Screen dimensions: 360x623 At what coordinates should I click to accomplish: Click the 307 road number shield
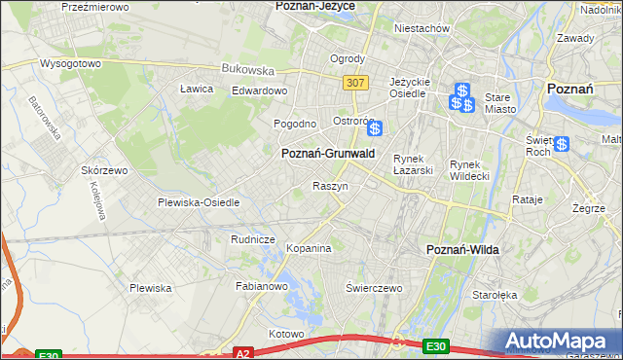pos(355,83)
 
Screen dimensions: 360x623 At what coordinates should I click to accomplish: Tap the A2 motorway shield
pos(243,354)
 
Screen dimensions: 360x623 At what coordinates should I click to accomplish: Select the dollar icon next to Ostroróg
pos(374,127)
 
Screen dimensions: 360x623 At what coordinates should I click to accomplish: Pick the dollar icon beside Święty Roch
pos(562,145)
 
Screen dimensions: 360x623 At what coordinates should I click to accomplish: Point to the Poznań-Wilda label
pos(463,250)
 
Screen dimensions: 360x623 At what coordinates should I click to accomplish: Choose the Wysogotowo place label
pos(70,63)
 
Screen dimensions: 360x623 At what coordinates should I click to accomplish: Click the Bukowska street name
pos(248,70)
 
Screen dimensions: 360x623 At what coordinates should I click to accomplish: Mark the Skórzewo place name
pos(105,170)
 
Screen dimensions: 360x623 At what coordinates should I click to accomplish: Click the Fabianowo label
pos(262,286)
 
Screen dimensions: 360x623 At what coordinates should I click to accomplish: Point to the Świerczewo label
pos(375,288)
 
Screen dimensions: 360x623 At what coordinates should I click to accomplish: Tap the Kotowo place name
pos(286,334)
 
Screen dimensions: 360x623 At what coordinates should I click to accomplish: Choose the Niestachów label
pos(421,28)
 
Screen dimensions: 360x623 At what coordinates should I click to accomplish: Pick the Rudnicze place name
pos(253,239)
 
